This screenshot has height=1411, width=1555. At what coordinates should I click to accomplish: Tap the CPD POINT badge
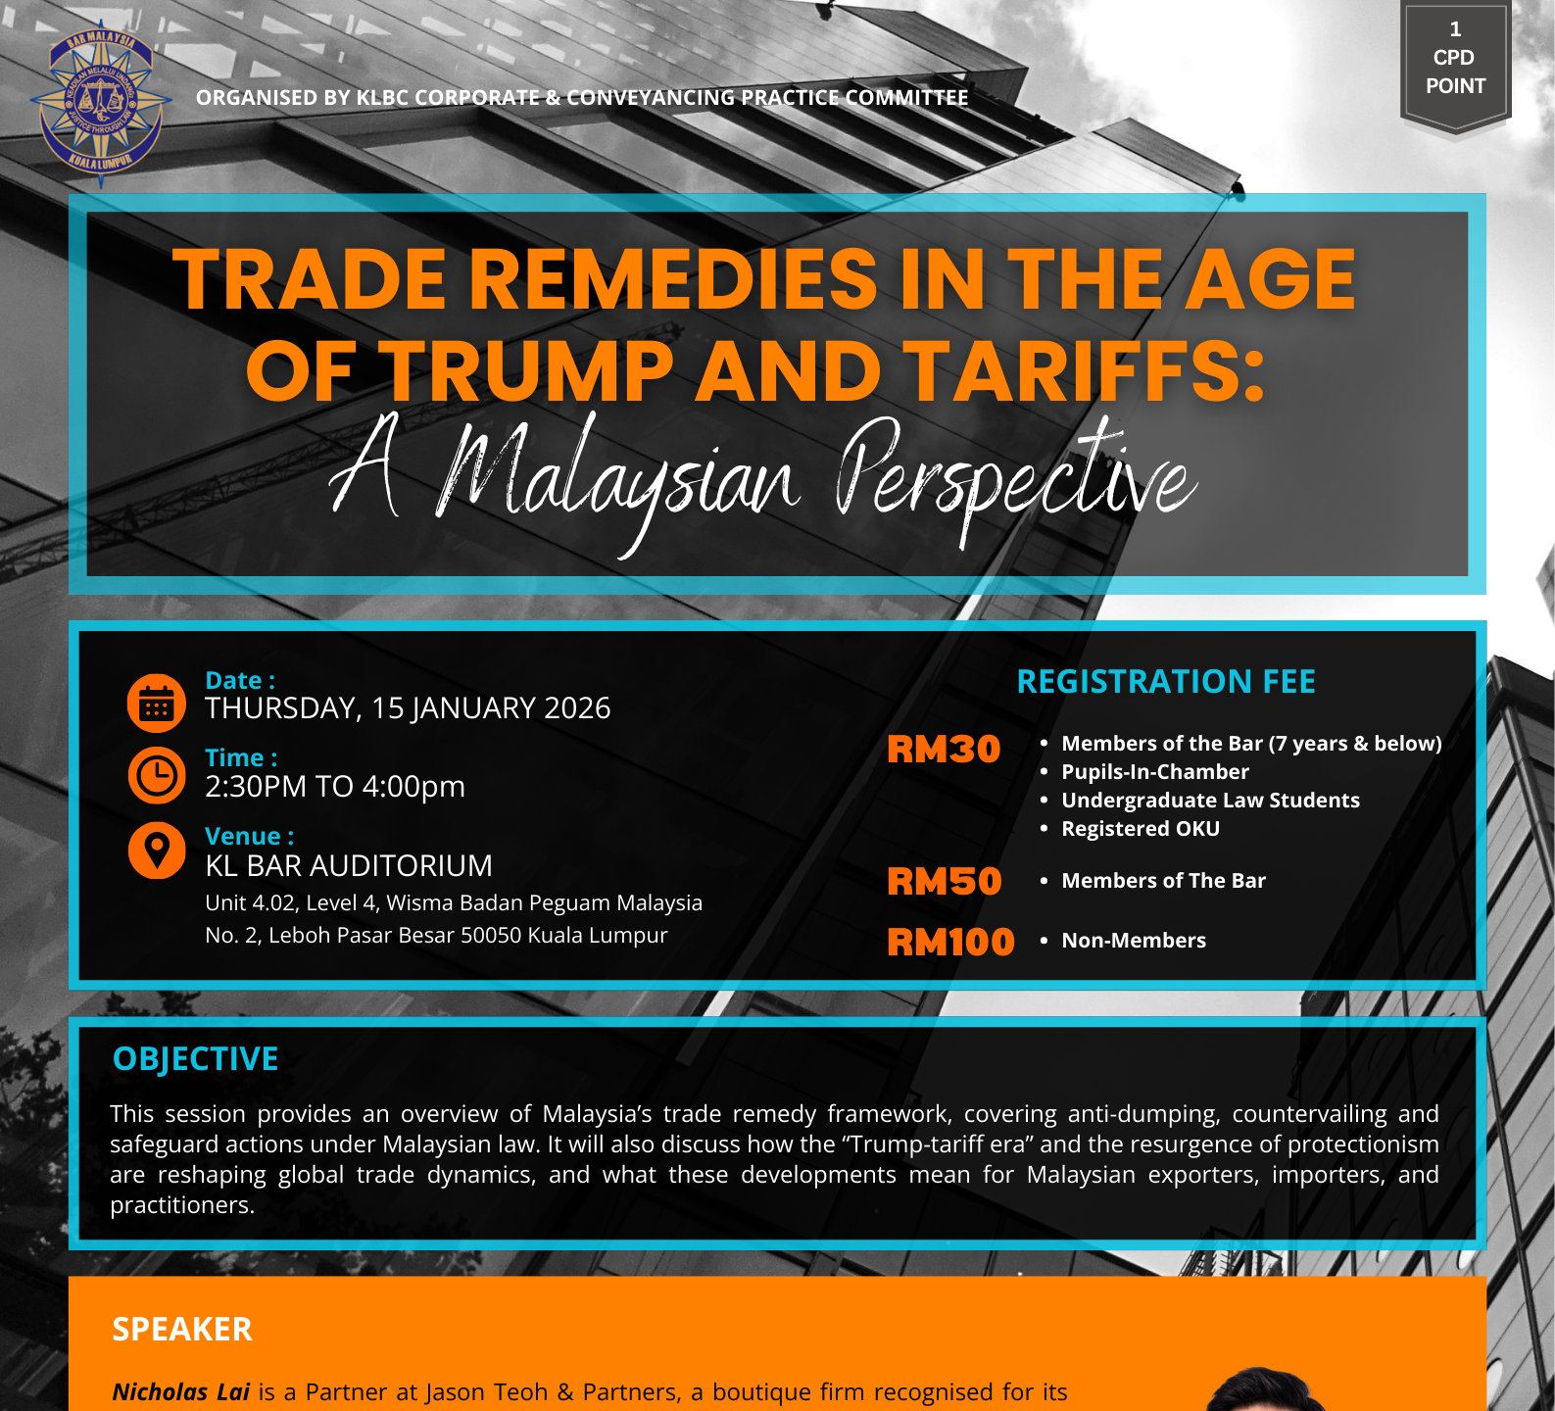coord(1455,65)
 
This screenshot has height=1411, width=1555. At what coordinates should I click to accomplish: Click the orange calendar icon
coord(157,703)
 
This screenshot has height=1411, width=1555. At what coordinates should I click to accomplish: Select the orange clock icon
coord(157,775)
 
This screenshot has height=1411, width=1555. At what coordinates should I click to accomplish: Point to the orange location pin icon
coord(157,850)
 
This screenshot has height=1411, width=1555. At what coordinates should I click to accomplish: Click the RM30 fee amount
coord(944,750)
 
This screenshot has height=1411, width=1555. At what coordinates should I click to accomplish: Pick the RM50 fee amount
coord(945,882)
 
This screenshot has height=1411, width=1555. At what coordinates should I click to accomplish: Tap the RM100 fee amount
coord(950,943)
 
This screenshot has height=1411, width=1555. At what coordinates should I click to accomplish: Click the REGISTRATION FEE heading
coord(1166,681)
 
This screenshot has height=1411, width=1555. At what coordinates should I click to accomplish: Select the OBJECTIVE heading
coord(196,1059)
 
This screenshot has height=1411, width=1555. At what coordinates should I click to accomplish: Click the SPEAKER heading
coord(182,1330)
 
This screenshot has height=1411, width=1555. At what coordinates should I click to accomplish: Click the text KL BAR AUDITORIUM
coord(349,866)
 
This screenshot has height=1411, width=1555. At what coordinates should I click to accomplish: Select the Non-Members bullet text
coord(1134,941)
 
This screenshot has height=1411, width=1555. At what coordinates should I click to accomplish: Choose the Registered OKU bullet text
coord(1141,829)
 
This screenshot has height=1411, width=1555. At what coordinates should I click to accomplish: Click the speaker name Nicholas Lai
coord(181,1392)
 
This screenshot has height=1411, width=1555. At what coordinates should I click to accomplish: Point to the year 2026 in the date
coord(577,708)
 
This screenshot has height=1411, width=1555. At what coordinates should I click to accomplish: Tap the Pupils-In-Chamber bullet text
coord(1155,772)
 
